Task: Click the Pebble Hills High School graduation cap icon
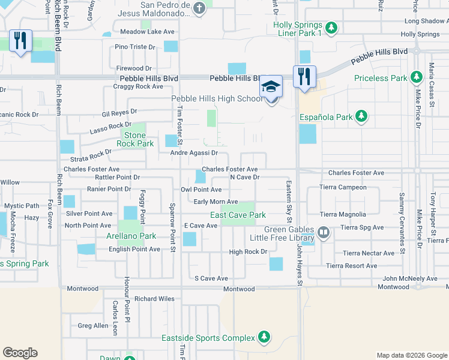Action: click(271, 86)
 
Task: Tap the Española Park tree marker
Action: click(361, 116)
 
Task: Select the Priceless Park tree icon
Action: click(415, 77)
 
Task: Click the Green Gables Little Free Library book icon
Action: click(323, 232)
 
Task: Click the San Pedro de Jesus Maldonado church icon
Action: click(200, 8)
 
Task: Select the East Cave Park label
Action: click(238, 215)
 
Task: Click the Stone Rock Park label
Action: click(134, 140)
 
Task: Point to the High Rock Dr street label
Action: click(247, 252)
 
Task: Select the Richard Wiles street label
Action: click(154, 299)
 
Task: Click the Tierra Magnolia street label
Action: click(343, 214)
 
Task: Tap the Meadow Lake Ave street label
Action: click(147, 32)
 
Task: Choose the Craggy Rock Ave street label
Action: click(138, 86)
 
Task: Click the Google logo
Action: click(20, 353)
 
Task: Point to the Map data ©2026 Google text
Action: click(411, 355)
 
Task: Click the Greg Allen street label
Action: click(93, 326)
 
